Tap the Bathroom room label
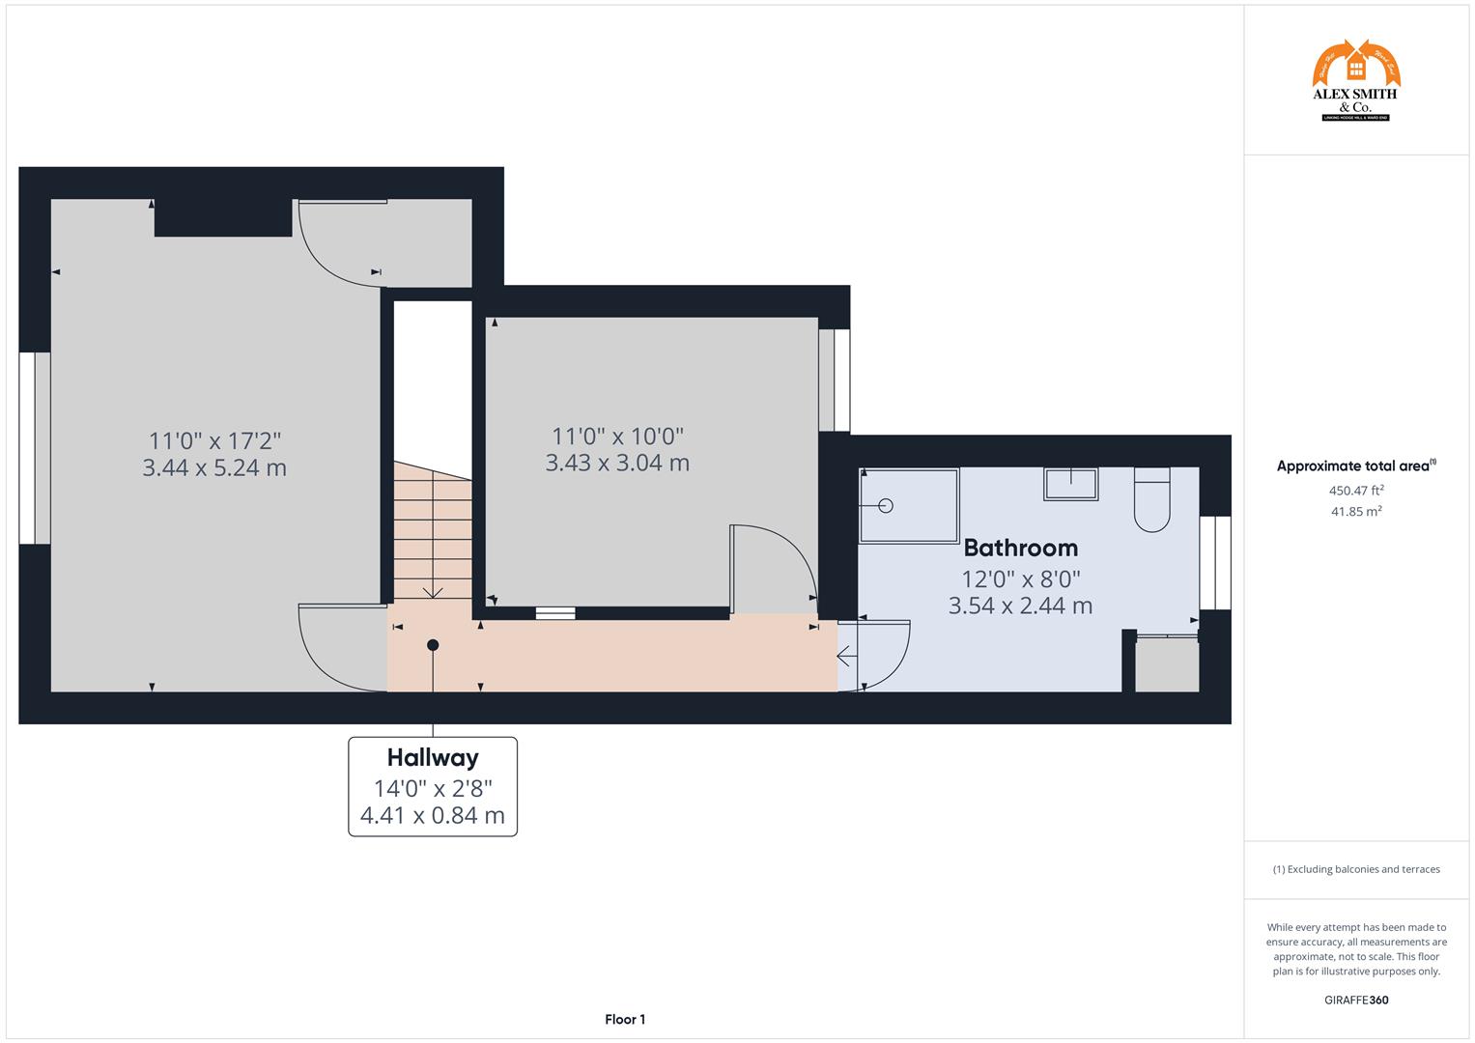click(x=1020, y=548)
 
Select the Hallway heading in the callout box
click(x=433, y=757)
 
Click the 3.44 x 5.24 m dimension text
click(x=214, y=468)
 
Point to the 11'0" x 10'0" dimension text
click(x=617, y=436)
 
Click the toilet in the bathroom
click(x=1151, y=500)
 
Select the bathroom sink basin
click(x=1070, y=484)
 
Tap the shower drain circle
click(x=886, y=505)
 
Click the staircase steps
click(x=432, y=531)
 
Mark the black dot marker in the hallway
click(x=433, y=645)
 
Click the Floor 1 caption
click(x=625, y=1019)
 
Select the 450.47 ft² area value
click(x=1356, y=490)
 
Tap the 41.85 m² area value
click(x=1356, y=512)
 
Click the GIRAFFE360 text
click(x=1356, y=1000)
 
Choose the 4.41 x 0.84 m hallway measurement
click(x=433, y=816)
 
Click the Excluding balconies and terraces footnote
click(x=1356, y=869)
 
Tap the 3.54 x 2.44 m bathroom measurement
click(x=1020, y=606)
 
